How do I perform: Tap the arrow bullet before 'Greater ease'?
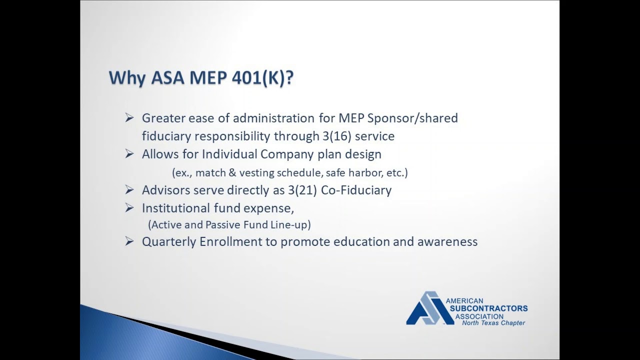pos(129,118)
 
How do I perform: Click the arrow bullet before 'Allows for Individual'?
pos(129,154)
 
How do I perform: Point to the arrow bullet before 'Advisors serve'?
pos(129,190)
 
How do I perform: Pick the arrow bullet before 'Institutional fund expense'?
pos(129,208)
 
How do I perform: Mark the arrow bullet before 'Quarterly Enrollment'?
pos(129,241)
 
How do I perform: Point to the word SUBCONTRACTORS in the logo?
pos(488,308)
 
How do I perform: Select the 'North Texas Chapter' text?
pos(493,323)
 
